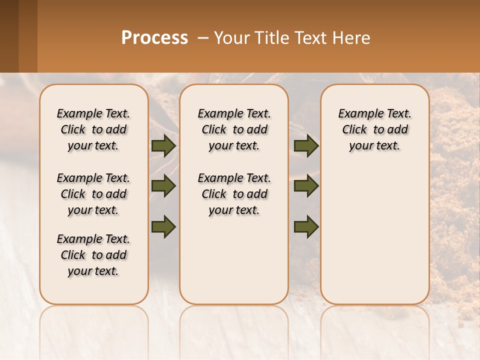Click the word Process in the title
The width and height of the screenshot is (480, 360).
point(154,38)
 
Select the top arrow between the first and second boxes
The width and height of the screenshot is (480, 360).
point(163,146)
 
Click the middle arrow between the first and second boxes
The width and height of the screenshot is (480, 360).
point(163,186)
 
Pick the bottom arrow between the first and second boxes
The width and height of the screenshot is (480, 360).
point(163,226)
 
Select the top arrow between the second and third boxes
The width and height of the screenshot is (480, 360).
point(306,146)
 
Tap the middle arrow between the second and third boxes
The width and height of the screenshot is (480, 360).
point(306,186)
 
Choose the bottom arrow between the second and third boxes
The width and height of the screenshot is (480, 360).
point(306,227)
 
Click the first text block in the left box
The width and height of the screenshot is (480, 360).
point(93,129)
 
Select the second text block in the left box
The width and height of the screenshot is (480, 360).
point(93,194)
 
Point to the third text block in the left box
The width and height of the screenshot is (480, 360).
point(93,255)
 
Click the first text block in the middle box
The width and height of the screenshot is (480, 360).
point(234,129)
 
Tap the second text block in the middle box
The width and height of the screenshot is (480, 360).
point(234,194)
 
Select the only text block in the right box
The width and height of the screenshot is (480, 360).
point(374,129)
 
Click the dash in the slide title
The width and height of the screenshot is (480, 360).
point(203,38)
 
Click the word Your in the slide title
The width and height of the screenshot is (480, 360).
point(230,38)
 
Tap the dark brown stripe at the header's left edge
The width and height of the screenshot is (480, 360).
point(9,36)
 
